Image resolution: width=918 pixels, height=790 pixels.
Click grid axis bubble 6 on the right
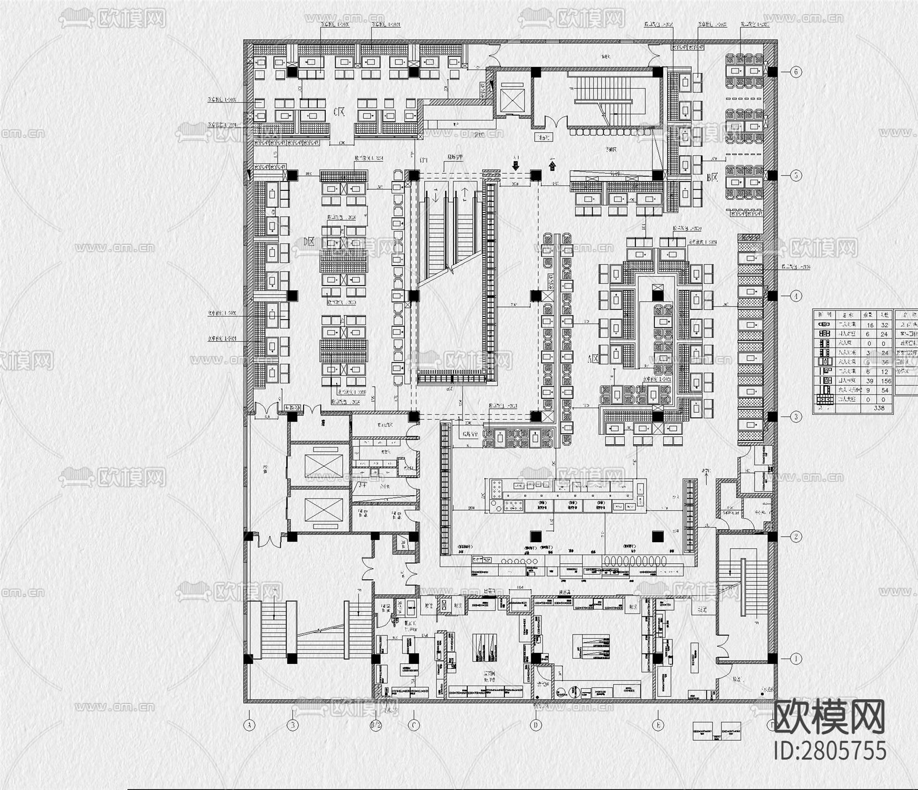[x=796, y=72]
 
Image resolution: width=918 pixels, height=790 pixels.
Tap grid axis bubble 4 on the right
[x=796, y=296]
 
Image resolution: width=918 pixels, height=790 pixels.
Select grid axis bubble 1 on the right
[x=796, y=659]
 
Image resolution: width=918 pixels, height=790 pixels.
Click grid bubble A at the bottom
[x=249, y=725]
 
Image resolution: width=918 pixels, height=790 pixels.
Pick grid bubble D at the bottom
[x=535, y=725]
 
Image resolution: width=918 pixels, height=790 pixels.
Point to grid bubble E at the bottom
[x=658, y=725]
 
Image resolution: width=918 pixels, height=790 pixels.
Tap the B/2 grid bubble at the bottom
[x=375, y=725]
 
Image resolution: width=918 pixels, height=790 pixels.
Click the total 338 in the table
[x=878, y=408]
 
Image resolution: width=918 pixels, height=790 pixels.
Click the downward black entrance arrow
[x=515, y=164]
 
